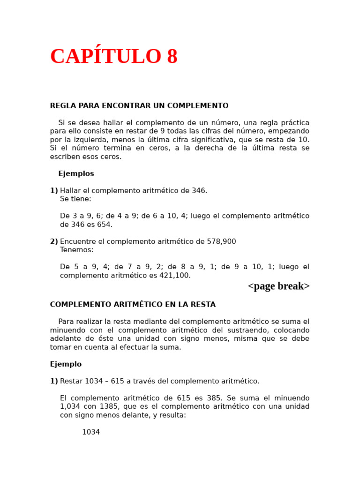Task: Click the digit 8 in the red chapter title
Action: pos(172,57)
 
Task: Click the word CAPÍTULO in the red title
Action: pos(105,57)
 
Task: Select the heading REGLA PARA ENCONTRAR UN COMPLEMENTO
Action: pos(139,106)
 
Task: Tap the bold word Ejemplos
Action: pos(76,174)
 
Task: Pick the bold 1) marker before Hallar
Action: pos(54,191)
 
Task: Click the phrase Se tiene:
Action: pos(75,199)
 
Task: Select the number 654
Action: pos(104,225)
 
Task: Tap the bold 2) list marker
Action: pos(54,242)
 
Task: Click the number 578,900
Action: pos(221,242)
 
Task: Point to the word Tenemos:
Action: pos(76,250)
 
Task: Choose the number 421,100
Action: pos(174,276)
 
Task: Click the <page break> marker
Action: pos(278,286)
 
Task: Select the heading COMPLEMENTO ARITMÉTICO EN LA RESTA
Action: pos(133,305)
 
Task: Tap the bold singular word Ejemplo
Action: pos(66,364)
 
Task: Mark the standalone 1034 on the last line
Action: pos(91,432)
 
